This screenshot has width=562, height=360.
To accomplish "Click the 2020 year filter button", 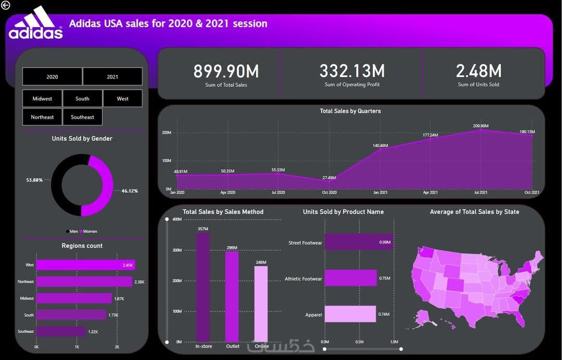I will [x=52, y=76].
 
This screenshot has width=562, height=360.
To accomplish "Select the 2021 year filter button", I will [x=112, y=76].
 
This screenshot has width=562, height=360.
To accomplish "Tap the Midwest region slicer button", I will [x=42, y=98].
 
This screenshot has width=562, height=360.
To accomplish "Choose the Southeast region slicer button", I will [x=82, y=117].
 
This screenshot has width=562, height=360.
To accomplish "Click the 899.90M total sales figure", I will [x=226, y=71].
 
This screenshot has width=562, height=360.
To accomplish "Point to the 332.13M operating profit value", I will [x=352, y=71].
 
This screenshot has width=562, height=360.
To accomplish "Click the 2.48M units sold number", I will [x=478, y=71].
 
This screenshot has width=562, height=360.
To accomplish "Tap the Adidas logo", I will [x=35, y=23].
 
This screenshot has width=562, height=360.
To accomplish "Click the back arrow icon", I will [x=6, y=5].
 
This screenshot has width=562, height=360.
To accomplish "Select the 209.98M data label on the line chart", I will [x=480, y=125].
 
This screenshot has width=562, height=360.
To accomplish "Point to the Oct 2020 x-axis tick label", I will [x=329, y=193].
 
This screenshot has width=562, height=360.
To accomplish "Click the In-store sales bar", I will [x=203, y=286].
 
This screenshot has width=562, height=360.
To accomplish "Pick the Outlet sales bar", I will [x=232, y=297].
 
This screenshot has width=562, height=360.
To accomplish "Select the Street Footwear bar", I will [x=358, y=242].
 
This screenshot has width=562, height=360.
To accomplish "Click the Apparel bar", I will [x=350, y=314].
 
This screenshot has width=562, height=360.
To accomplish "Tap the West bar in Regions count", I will [x=85, y=265].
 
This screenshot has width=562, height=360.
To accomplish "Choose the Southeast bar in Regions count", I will [x=60, y=331].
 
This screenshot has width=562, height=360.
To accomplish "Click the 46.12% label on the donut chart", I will [x=130, y=191].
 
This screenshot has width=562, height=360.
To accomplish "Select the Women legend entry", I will [x=89, y=232].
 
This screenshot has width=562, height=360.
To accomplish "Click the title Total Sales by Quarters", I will [x=350, y=111].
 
